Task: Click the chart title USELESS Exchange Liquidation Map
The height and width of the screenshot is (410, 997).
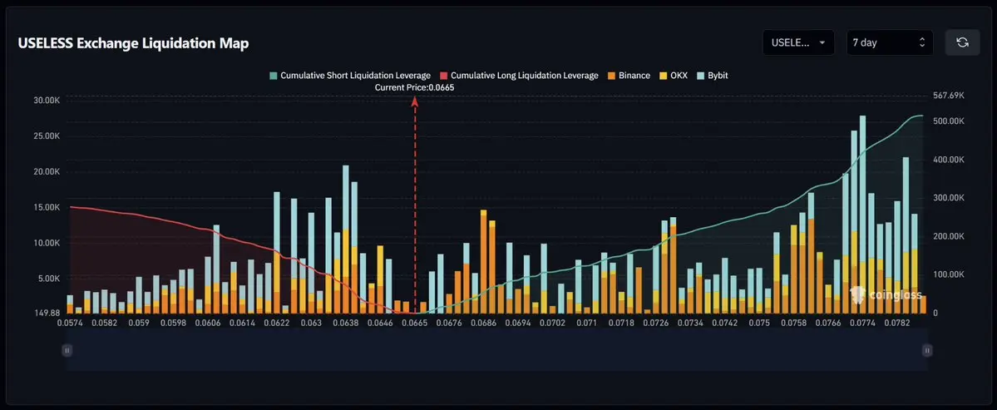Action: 134,43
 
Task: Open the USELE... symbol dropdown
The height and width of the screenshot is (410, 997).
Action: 798,42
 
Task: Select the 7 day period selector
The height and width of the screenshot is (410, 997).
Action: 890,42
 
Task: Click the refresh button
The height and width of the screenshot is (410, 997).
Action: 962,42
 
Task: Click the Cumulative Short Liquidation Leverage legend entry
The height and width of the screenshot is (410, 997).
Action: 350,75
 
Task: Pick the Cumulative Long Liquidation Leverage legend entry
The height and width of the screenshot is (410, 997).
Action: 519,75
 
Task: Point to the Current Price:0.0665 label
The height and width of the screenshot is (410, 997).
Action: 415,87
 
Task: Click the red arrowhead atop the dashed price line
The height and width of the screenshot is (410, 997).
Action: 415,101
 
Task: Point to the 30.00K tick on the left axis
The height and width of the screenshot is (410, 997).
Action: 47,101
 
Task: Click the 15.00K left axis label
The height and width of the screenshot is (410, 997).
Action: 47,207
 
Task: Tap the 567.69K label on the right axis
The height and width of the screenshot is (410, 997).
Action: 948,96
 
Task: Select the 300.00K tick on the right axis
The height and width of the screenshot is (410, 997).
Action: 948,198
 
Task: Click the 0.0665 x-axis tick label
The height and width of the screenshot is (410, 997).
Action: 415,323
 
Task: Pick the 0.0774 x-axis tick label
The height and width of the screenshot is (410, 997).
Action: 863,323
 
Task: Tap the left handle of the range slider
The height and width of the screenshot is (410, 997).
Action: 67,349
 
